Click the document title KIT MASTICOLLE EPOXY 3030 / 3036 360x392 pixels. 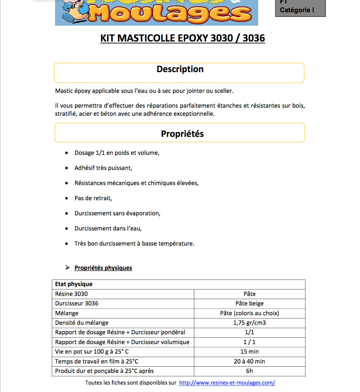coord(182,38)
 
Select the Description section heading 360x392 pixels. coord(180,69)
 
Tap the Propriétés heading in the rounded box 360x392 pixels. coord(182,134)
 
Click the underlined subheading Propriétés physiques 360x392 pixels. coord(103,268)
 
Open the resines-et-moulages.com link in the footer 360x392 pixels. coord(227,382)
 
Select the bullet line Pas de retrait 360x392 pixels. coord(93,198)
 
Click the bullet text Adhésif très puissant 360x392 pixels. coord(103,168)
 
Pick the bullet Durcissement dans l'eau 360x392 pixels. coord(108,228)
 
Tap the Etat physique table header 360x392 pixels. coord(74,284)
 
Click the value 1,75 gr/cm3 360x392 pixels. coord(249,322)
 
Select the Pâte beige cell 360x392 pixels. coord(249,303)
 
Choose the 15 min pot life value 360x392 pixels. coord(249,351)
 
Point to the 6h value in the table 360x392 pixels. coord(249,371)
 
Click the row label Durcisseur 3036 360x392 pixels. coord(77,303)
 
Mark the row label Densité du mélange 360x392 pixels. coord(82,322)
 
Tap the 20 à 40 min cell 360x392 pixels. coord(249,361)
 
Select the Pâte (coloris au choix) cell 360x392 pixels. coord(249,313)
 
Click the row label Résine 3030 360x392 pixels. coord(72,294)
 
